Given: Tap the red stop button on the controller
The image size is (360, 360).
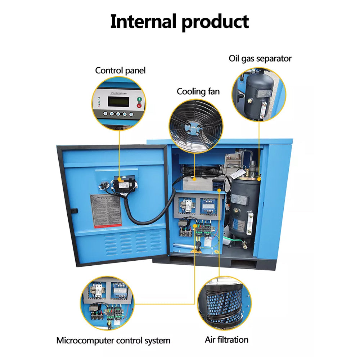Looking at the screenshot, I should pyautogui.click(x=140, y=105).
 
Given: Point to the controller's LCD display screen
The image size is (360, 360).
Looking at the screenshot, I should pyautogui.click(x=118, y=102).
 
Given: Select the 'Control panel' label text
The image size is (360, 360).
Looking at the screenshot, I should pyautogui.click(x=120, y=70).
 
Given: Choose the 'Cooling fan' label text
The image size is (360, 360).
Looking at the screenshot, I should pyautogui.click(x=198, y=91).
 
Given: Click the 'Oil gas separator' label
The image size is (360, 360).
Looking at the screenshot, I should pyautogui.click(x=260, y=58).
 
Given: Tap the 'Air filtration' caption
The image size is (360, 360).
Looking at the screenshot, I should pyautogui.click(x=226, y=339).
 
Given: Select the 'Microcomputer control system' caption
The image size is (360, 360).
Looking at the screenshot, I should pyautogui.click(x=113, y=340).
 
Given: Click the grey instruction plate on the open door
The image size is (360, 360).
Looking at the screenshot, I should pyautogui.click(x=105, y=210).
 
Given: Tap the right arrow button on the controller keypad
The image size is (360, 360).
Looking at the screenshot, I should pyautogui.click(x=125, y=114).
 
